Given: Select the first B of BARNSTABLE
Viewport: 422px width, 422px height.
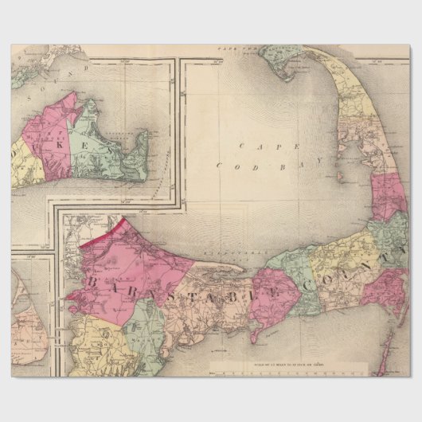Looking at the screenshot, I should pos(93,283).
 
